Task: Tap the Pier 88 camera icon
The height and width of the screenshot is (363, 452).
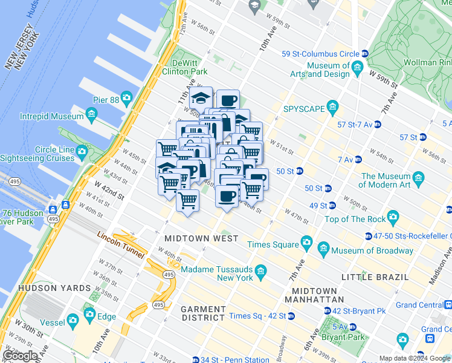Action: [126, 97]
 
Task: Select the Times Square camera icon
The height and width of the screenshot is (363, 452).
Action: [306, 242]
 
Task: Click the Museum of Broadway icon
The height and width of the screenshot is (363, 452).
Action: [323, 249]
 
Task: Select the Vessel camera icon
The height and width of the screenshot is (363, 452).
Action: [73, 320]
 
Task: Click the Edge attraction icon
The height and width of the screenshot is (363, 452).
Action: [89, 314]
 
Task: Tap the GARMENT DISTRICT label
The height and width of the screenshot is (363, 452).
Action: [204, 313]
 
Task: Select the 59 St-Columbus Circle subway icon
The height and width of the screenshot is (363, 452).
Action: [364, 53]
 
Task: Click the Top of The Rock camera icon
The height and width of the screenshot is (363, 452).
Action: [393, 217]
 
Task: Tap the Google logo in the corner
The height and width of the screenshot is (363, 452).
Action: [19, 355]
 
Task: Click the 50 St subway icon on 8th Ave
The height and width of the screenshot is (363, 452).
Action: [299, 171]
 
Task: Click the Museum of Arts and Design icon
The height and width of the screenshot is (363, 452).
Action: [358, 66]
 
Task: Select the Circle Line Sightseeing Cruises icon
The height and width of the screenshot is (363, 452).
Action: [82, 150]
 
